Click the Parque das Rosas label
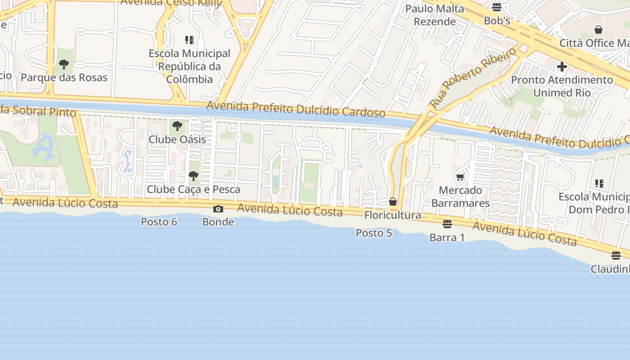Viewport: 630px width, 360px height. (64, 77)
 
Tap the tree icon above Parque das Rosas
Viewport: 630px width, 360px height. (64, 64)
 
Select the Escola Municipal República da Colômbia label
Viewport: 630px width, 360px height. (189, 66)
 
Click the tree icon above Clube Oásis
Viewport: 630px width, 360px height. (177, 126)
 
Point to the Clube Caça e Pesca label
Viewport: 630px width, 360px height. (193, 189)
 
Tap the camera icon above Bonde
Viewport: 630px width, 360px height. (218, 209)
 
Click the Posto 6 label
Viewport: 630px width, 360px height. (159, 222)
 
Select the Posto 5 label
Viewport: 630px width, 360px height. (374, 233)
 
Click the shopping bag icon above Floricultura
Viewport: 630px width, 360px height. (393, 202)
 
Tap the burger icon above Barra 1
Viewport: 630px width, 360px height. (447, 224)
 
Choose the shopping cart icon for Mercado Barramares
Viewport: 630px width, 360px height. (460, 177)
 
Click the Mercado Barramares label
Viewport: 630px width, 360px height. (460, 197)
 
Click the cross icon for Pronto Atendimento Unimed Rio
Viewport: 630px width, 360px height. (562, 67)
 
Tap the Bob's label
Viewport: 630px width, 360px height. (497, 21)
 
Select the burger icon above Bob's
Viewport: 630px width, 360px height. (497, 7)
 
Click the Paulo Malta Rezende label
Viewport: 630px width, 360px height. (435, 15)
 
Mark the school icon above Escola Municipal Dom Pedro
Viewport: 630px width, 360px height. (599, 183)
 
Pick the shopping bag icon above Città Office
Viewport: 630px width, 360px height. (598, 30)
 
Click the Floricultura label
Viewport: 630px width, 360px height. (393, 215)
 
